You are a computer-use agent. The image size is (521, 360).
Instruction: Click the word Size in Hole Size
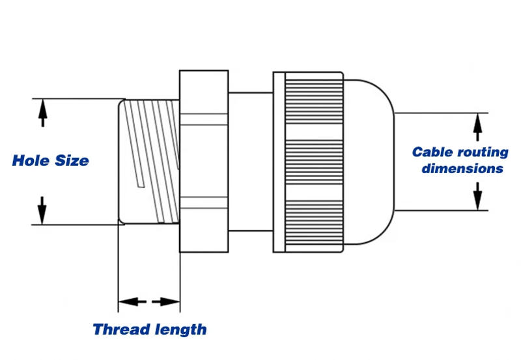click(70, 160)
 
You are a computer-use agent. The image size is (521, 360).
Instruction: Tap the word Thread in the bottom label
click(120, 329)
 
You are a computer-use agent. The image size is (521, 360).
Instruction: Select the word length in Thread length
click(178, 329)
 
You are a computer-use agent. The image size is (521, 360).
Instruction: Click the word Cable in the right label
click(431, 152)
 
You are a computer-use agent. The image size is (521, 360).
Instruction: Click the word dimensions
click(462, 169)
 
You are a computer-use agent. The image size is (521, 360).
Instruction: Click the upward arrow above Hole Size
click(42, 113)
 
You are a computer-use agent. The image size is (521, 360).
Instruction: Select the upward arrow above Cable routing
click(478, 125)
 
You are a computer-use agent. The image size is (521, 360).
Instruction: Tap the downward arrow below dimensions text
click(478, 195)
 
